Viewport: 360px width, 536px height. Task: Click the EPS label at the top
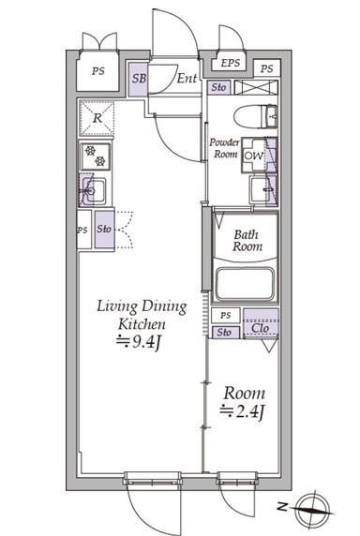pos(231,63)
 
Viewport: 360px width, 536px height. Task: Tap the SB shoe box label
pos(139,79)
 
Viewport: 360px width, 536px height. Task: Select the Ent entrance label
pos(187,79)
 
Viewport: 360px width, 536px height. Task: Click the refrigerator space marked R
pos(97,118)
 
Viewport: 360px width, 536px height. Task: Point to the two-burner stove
pos(96,156)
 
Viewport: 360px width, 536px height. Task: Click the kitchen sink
pos(93,190)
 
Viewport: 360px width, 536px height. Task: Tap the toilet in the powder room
pos(255,116)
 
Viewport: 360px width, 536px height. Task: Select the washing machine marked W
pos(254,156)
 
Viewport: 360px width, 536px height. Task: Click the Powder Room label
pos(224,148)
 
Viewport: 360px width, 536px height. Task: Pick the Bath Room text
pos(247,240)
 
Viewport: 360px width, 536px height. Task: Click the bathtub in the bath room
pos(246,284)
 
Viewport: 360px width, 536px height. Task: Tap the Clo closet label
pos(260,328)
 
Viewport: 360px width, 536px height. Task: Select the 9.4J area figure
pos(139,341)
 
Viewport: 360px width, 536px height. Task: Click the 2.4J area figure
pos(242,411)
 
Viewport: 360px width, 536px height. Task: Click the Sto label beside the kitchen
pos(104,229)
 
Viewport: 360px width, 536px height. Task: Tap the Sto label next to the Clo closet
pos(224,332)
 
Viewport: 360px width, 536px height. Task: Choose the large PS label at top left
pos(97,71)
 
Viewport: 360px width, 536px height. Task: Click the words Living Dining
pos(142,306)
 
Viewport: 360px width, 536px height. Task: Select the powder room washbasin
pos(261,189)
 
